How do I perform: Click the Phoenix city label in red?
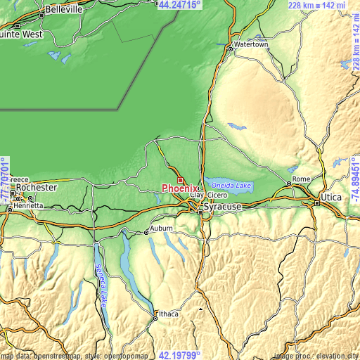[x=180, y=188]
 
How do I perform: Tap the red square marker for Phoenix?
[x=180, y=180]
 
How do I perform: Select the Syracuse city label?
[x=222, y=207]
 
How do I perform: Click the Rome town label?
[x=301, y=179]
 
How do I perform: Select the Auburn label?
[x=160, y=230]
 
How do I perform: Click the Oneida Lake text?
[x=231, y=185]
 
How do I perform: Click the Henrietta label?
[x=30, y=205]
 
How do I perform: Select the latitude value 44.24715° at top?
[x=179, y=5]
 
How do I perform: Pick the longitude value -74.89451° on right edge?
[x=354, y=179]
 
